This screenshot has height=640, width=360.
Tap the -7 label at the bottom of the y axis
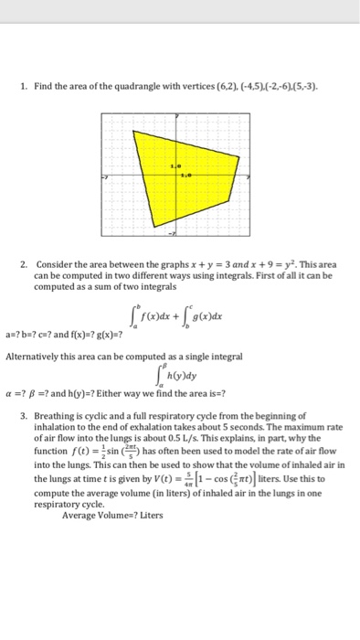[x=170, y=233]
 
